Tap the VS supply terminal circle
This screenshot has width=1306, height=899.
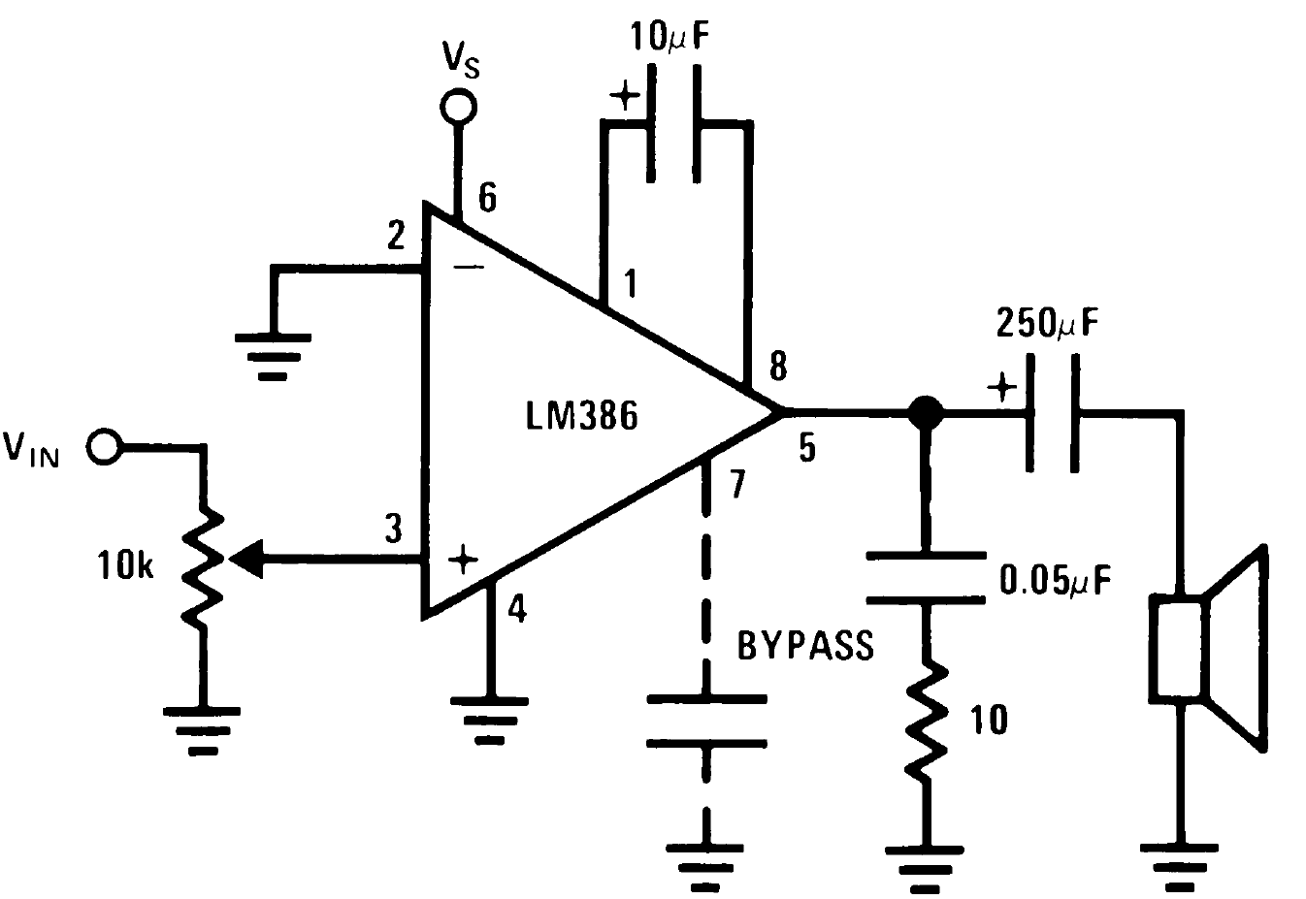point(455,107)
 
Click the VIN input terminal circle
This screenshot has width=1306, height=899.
point(102,447)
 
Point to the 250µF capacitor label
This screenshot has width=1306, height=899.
point(1049,323)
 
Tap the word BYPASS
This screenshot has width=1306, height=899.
point(805,646)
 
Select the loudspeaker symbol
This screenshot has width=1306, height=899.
point(1208,648)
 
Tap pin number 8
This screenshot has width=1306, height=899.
point(777,367)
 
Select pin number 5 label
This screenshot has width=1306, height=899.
point(807,449)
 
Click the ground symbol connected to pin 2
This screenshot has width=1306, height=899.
point(274,354)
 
